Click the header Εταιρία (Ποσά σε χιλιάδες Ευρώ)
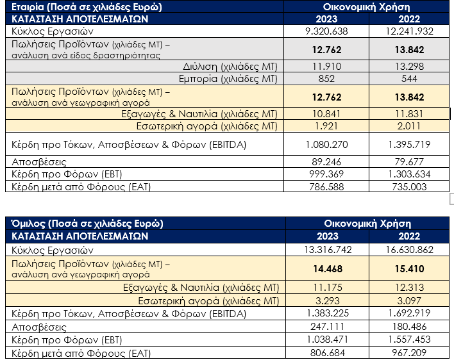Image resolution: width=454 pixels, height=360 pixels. pyautogui.click(x=86, y=7)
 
